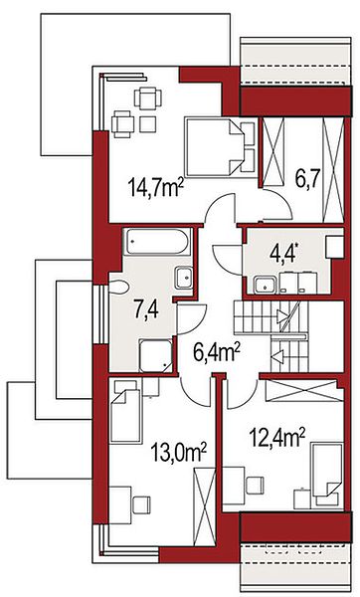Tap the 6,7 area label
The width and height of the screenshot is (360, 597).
pyautogui.click(x=307, y=178)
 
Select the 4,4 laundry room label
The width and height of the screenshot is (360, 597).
pyautogui.click(x=283, y=253)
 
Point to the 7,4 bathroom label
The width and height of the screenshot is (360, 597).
pyautogui.click(x=146, y=309)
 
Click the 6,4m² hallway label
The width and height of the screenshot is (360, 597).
pyautogui.click(x=217, y=352)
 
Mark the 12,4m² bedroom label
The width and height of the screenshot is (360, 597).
pyautogui.click(x=277, y=437)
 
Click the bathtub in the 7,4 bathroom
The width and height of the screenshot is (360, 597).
pyautogui.click(x=157, y=242)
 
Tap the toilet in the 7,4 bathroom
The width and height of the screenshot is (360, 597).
pyautogui.click(x=119, y=288)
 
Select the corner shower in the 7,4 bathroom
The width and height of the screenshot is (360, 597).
pyautogui.click(x=155, y=355)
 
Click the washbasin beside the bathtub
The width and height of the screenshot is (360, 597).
pyautogui.click(x=184, y=278)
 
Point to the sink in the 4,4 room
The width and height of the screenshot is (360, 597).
pyautogui.click(x=266, y=284)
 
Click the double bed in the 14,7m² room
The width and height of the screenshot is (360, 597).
pyautogui.click(x=219, y=147)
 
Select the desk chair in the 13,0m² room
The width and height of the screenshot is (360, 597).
pyautogui.click(x=141, y=504)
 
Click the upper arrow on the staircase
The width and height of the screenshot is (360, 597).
pyautogui.click(x=282, y=315)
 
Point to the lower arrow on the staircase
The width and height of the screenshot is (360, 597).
pyautogui.click(x=277, y=357)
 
